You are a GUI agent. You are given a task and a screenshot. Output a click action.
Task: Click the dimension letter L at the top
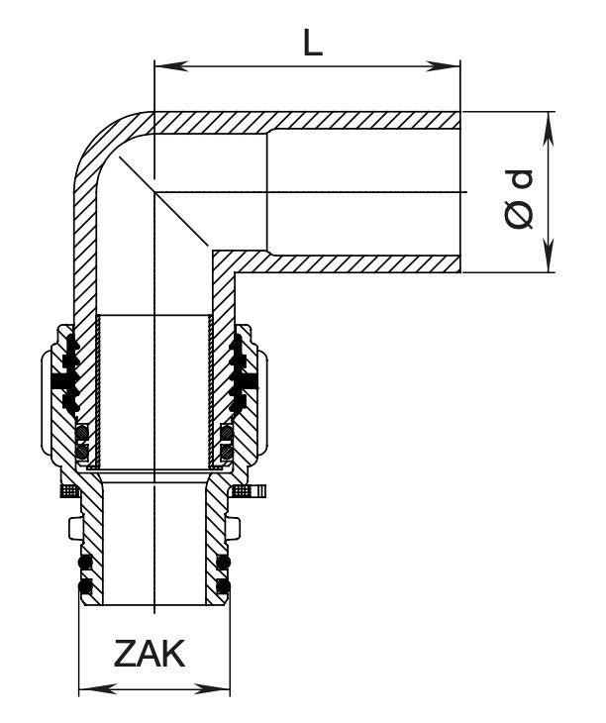point(313,43)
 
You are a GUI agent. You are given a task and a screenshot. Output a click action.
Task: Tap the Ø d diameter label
point(520,199)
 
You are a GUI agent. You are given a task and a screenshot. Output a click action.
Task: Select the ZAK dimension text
point(150,654)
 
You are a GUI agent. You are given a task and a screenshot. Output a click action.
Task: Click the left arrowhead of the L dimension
point(171,66)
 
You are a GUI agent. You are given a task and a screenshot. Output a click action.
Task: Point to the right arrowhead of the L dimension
point(444,66)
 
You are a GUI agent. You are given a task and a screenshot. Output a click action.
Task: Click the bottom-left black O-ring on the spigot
point(85,586)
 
